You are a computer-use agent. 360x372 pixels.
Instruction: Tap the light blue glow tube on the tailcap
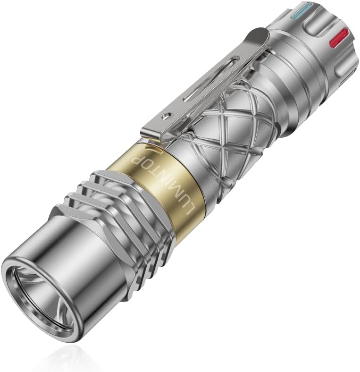pos(299,10)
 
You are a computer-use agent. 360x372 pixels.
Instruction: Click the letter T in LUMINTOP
pos(154,174)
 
